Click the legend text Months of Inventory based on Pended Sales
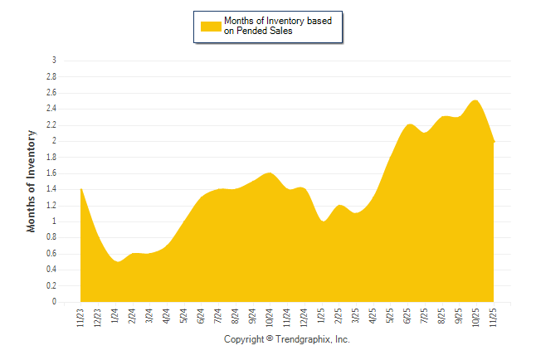pyautogui.click(x=282, y=27)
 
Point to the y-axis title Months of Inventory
pyautogui.click(x=32, y=180)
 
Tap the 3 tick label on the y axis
pyautogui.click(x=55, y=61)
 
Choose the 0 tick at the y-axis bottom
pyautogui.click(x=55, y=302)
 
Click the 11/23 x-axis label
pyautogui.click(x=81, y=315)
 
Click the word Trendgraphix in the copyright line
pyautogui.click(x=304, y=340)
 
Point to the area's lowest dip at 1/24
pyautogui.click(x=117, y=261)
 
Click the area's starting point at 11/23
pyautogui.click(x=81, y=189)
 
